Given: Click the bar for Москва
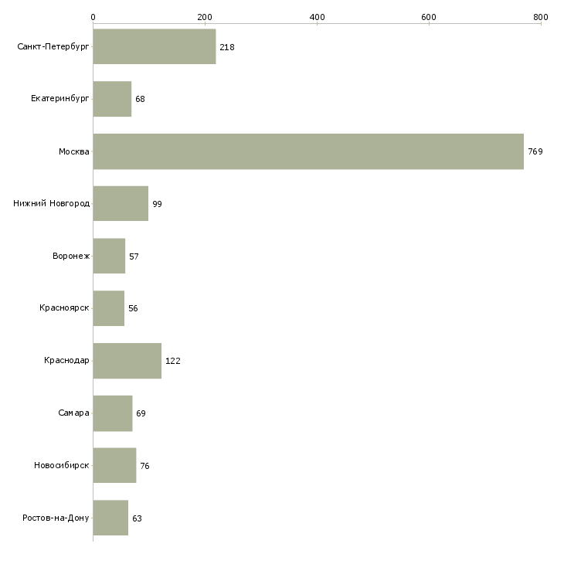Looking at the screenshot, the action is [x=308, y=151].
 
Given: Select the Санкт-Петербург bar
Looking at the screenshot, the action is [x=155, y=46].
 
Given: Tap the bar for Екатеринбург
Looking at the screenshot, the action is [x=112, y=99].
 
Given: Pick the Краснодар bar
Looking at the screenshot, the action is [x=127, y=361].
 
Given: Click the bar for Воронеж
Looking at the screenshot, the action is [x=109, y=256].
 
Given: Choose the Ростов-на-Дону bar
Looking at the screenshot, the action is [x=110, y=518].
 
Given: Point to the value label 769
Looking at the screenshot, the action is [x=535, y=151].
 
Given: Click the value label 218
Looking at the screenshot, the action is [x=227, y=47].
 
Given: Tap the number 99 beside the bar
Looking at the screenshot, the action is [x=157, y=204].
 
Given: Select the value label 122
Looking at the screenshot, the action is [x=172, y=361].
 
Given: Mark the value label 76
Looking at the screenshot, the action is [x=144, y=466].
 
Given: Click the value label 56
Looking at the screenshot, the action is [x=133, y=308].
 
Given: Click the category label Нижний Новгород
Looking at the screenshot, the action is [x=52, y=204].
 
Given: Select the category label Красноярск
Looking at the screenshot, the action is [x=64, y=308].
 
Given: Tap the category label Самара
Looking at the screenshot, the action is [x=73, y=413].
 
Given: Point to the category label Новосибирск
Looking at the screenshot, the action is [x=62, y=465].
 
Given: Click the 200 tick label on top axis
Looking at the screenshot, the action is [x=205, y=17].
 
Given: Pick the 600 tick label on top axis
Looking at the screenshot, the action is [x=429, y=17].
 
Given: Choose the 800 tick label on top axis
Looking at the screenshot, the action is [x=541, y=17].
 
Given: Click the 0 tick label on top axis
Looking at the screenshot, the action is [x=93, y=17].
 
